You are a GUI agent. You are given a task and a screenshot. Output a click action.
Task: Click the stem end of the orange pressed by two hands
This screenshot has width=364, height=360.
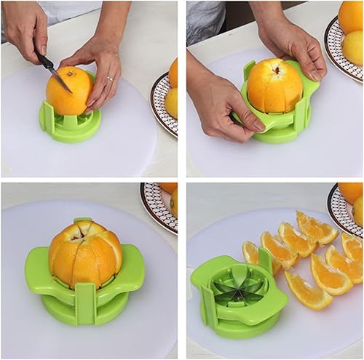tap(276, 70)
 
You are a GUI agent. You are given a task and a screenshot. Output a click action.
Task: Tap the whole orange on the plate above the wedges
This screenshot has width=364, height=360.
tap(351, 193)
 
